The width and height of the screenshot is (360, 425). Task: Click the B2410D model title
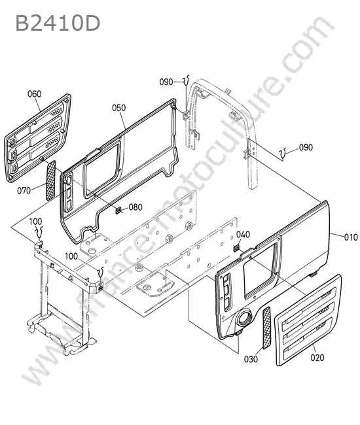tap(58, 23)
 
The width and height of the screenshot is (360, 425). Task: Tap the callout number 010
tap(351, 237)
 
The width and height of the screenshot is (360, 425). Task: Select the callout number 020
tap(317, 358)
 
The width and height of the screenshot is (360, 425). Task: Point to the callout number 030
tap(251, 359)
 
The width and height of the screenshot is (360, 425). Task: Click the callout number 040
tap(243, 235)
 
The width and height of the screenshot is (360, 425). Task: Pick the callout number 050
tap(119, 108)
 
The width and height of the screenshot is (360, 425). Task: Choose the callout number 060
tap(35, 94)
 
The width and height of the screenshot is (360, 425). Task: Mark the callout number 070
tap(24, 190)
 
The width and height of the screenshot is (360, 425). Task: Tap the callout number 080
tap(135, 207)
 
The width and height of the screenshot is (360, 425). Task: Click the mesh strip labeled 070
tap(51, 180)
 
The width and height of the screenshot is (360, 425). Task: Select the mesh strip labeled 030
tap(266, 328)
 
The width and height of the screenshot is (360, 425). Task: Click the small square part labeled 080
tap(118, 211)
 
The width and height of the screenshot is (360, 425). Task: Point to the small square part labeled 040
tap(236, 248)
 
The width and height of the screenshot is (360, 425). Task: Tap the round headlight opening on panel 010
tap(243, 318)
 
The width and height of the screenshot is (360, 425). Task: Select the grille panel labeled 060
tap(37, 138)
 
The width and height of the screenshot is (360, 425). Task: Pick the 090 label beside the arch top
tap(166, 82)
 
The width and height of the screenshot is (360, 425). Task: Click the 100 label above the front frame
tap(35, 222)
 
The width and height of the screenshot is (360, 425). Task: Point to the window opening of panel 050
tap(102, 168)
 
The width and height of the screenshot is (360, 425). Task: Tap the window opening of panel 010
tap(261, 271)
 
